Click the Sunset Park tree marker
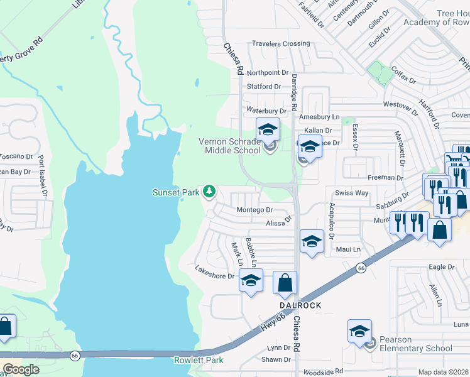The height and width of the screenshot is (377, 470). (209, 192)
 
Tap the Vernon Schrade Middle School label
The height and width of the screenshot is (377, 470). (229, 146)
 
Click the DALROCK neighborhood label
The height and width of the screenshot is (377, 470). (300, 305)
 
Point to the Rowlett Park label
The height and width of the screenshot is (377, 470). (198, 361)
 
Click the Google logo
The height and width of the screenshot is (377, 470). (21, 369)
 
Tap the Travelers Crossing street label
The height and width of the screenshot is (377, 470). (281, 44)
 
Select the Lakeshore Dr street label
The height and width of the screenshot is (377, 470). (214, 276)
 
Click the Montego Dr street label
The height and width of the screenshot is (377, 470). (254, 210)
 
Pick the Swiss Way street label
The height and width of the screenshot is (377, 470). (352, 193)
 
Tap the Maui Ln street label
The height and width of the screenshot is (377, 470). (348, 249)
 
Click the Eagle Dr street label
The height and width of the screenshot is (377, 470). (441, 267)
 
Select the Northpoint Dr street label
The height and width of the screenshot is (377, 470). (267, 74)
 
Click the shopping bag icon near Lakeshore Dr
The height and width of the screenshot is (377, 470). (285, 283)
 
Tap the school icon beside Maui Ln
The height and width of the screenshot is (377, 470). (312, 241)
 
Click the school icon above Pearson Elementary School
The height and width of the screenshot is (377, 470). (359, 331)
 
